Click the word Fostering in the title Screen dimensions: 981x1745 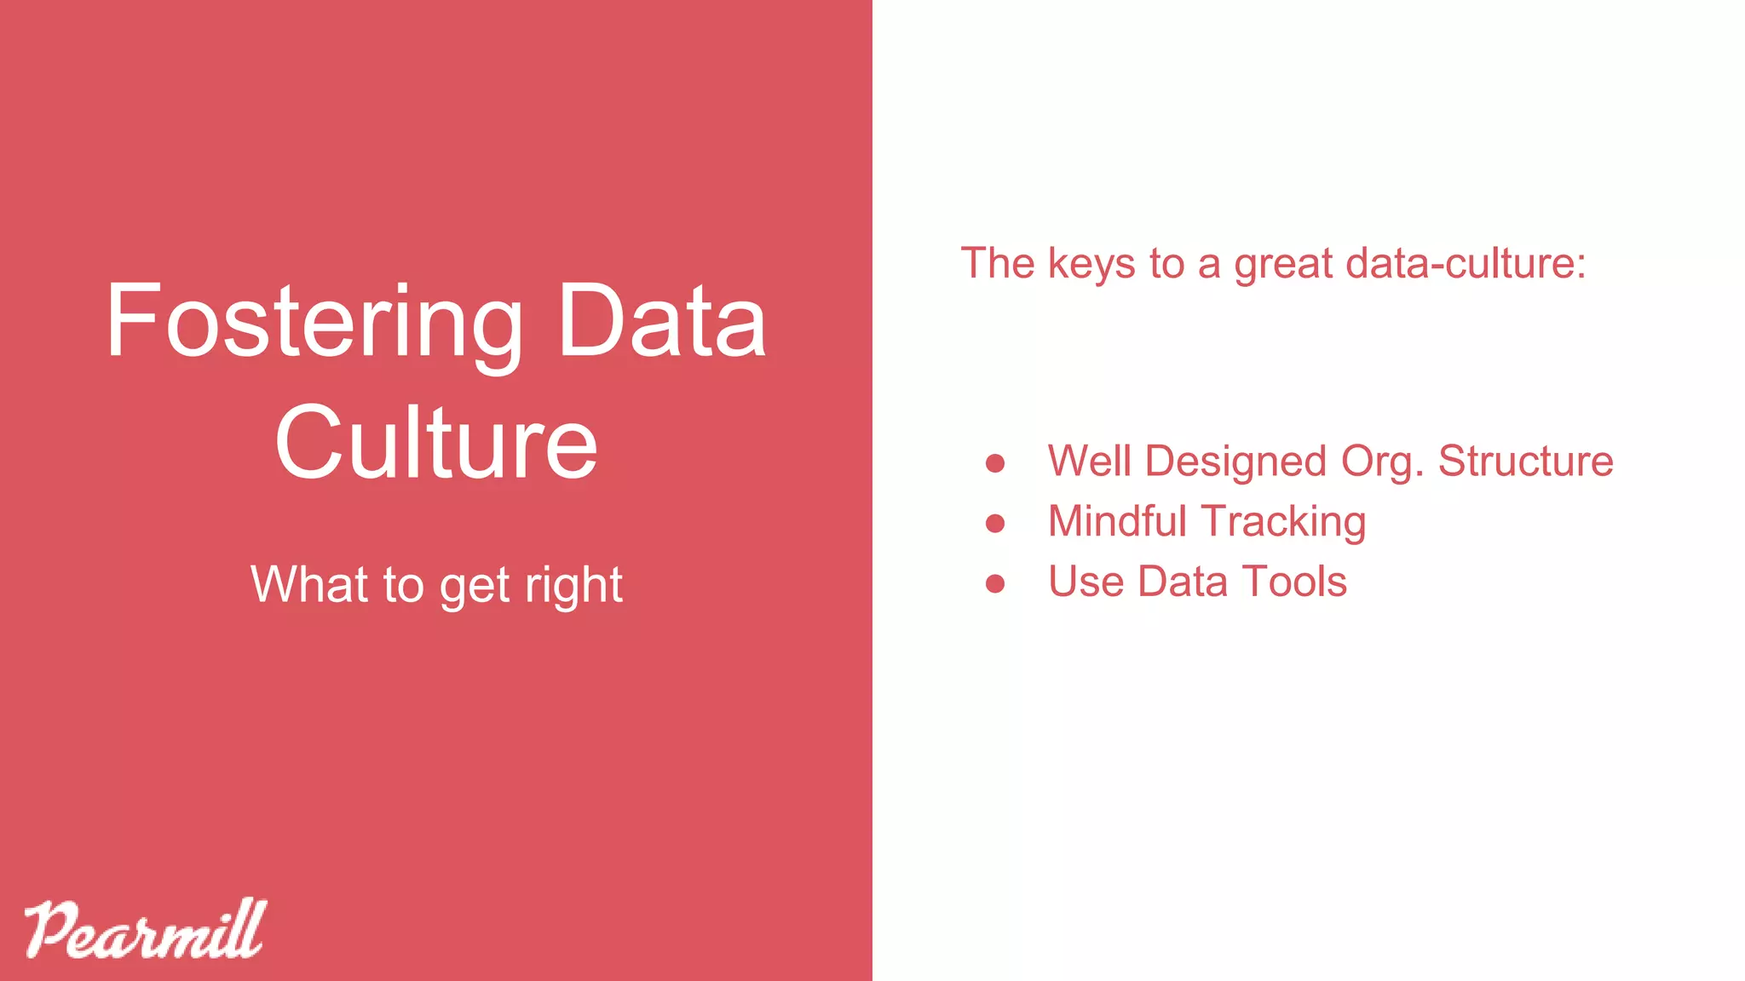click(314, 324)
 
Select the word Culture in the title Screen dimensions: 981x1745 click(436, 443)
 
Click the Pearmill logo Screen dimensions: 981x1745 click(145, 930)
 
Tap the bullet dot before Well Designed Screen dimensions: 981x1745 click(994, 462)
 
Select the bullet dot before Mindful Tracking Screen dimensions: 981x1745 click(994, 523)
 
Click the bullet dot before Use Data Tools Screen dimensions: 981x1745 click(994, 583)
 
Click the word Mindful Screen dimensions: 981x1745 click(1117, 521)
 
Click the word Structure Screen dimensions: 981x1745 click(1525, 461)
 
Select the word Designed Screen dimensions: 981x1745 click(1235, 462)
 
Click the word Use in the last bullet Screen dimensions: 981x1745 click(1086, 582)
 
